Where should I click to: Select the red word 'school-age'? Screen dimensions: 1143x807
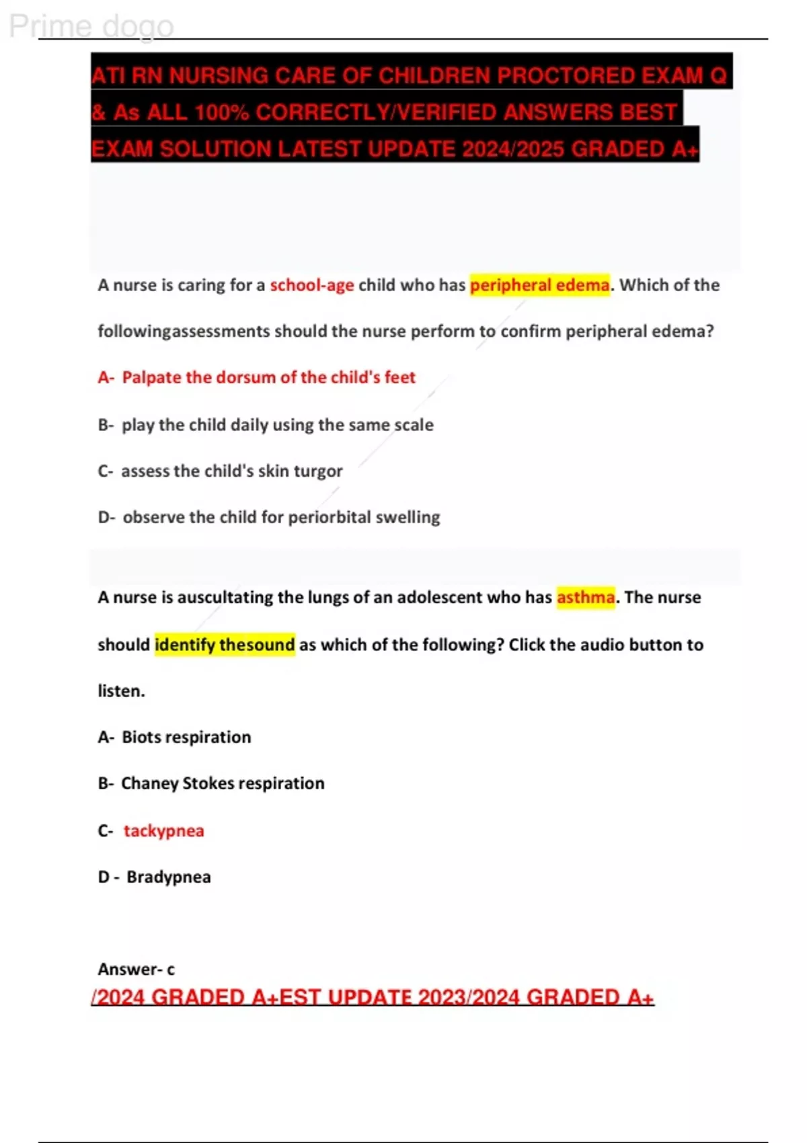click(x=311, y=285)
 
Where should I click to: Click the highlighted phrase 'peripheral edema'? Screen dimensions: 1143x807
click(x=539, y=285)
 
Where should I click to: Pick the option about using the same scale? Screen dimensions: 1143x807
click(x=277, y=425)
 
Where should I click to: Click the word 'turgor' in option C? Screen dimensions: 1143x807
click(x=318, y=471)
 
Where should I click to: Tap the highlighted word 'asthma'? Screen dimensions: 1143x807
click(x=585, y=597)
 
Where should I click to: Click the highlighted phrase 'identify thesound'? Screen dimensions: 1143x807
click(x=225, y=644)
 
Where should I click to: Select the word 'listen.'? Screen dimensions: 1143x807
click(x=121, y=691)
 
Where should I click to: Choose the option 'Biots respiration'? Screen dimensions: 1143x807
click(x=186, y=737)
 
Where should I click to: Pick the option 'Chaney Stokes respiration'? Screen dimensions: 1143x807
click(x=222, y=783)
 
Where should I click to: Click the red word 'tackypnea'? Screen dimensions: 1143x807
click(x=163, y=830)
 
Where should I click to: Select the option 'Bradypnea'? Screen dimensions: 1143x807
click(x=168, y=877)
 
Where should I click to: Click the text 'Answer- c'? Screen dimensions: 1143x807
click(x=136, y=969)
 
